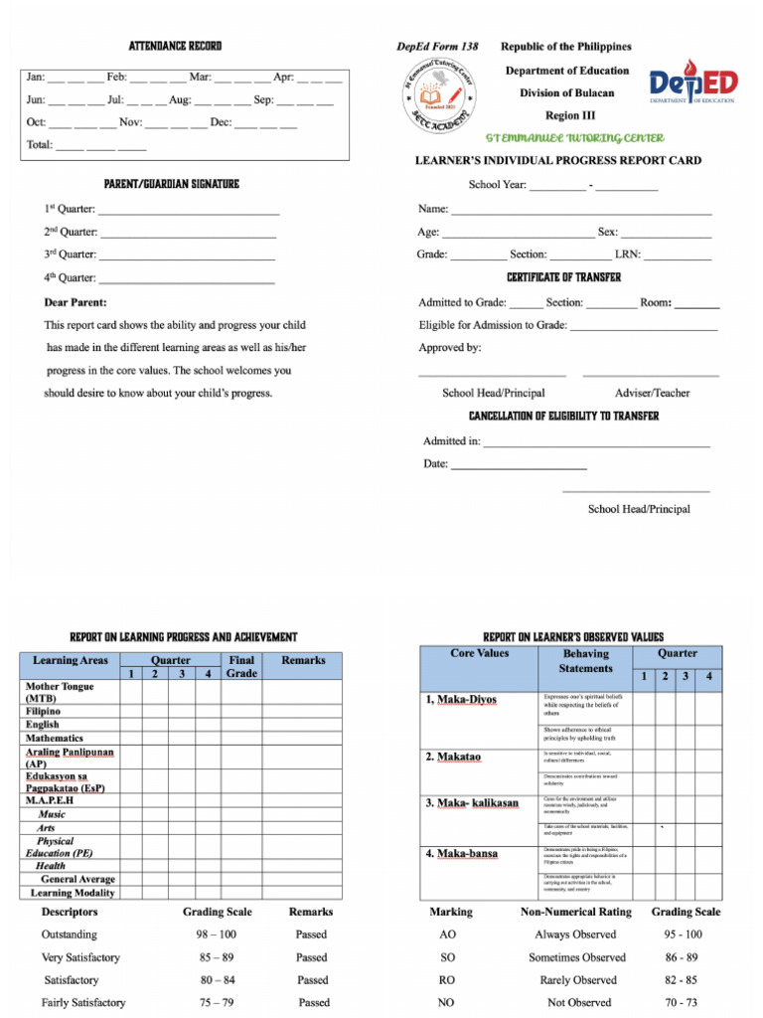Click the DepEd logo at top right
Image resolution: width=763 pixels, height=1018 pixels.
coord(692,87)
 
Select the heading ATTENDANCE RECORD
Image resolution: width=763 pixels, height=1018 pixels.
coord(176,47)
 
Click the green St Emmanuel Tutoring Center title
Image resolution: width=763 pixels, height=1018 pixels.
coord(575,137)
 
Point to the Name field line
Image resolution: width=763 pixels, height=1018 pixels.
coord(581,211)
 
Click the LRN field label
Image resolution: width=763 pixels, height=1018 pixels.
coord(627,254)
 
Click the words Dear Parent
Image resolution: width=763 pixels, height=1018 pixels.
coord(76,302)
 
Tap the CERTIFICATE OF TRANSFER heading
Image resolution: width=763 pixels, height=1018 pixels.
coord(563,277)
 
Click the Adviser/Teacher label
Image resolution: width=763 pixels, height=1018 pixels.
coord(652,393)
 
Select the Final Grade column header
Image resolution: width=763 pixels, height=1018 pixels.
coord(241,666)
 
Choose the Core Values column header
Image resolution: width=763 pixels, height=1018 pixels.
coord(479,654)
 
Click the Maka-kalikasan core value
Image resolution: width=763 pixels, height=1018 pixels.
coord(473,803)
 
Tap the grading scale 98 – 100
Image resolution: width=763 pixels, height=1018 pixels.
coord(216,934)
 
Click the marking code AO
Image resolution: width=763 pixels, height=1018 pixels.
coord(447,934)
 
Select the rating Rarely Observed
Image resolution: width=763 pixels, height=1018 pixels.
coord(576,980)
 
